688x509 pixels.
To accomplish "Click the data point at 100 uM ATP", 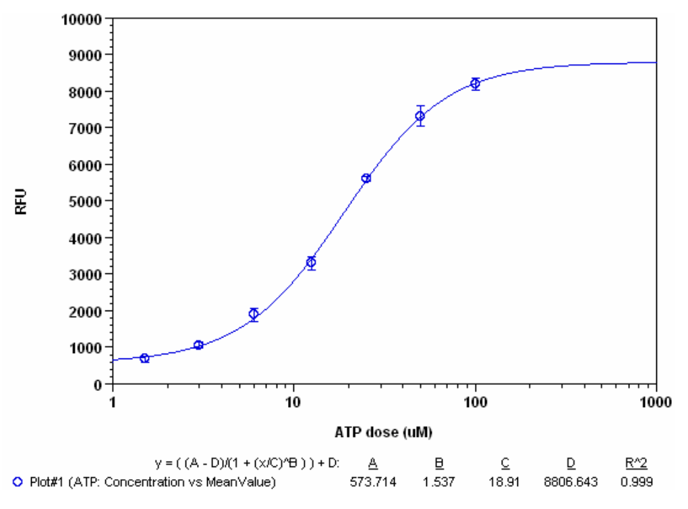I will coord(476,84).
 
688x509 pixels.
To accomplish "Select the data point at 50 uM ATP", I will coord(420,116).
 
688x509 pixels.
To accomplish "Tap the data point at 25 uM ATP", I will coord(366,178).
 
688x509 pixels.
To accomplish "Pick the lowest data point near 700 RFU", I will coord(144,358).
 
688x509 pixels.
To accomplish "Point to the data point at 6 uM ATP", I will coord(254,313).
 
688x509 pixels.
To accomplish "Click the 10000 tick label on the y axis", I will coord(83,18).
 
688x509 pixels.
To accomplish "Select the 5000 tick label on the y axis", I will coord(86,201).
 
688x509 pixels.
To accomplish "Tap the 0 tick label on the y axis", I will coord(98,384).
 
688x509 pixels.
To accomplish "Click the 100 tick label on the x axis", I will coord(476,403).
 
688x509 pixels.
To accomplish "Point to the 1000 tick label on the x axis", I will coord(656,403).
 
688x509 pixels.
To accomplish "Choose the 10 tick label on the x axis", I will coord(293,403).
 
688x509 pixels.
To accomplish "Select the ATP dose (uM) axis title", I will coord(382,431).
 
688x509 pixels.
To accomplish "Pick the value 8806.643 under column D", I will coord(571,482).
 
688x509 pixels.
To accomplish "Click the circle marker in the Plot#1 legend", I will coord(18,482).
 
